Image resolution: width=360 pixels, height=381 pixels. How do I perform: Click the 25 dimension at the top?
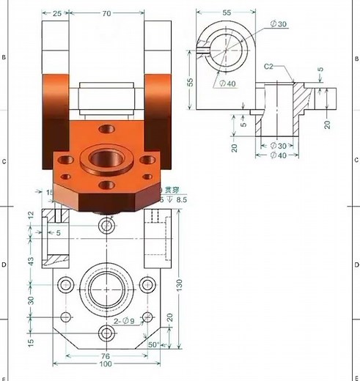56,13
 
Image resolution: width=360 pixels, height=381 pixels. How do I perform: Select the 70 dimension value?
107,13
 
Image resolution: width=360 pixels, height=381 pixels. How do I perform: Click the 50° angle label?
154,344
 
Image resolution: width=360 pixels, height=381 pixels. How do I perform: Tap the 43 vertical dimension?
30,262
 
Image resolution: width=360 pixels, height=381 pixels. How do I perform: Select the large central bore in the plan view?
107,289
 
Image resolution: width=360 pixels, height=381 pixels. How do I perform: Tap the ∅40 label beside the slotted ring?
227,84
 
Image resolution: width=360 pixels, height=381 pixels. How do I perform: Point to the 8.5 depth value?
182,199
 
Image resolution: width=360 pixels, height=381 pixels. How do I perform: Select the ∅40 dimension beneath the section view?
277,155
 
